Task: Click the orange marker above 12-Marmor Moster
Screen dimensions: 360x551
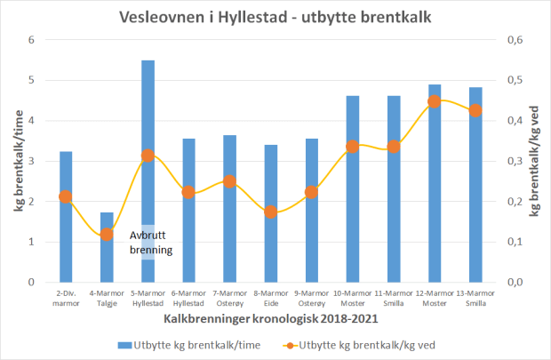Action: coord(435,101)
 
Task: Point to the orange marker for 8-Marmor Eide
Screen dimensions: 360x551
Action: coord(271,212)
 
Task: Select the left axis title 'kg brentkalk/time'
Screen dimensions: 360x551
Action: coord(19,161)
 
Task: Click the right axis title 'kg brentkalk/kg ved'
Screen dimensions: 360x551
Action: coord(535,161)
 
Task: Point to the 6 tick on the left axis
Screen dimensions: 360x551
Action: coord(31,40)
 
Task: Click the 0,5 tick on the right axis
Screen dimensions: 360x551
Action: coord(515,80)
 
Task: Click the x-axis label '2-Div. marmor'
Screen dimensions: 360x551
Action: coord(66,298)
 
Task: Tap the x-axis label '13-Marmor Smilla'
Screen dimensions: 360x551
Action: coord(475,298)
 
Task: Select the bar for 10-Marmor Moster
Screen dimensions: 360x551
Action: coord(353,196)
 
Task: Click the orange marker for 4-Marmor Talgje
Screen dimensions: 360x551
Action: coord(107,235)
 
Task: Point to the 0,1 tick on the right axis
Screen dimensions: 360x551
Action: coord(515,242)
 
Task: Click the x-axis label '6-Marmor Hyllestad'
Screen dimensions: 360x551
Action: coord(188,298)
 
